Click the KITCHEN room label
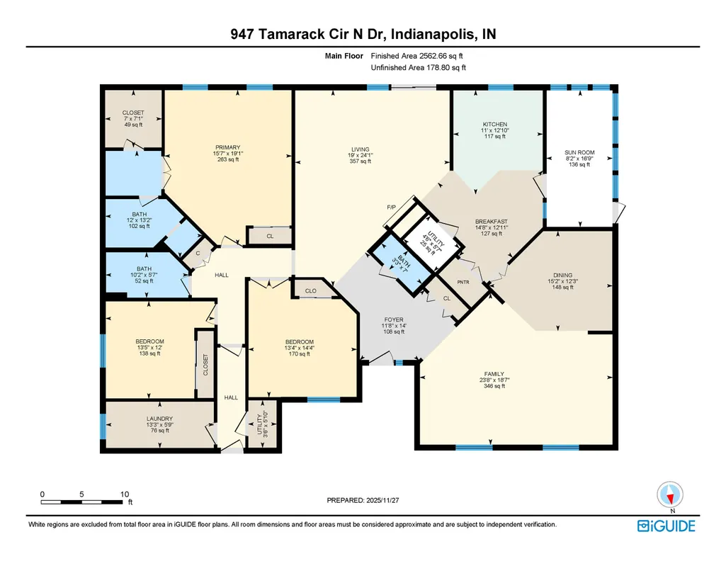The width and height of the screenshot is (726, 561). pos(495,125)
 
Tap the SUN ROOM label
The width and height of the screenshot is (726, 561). pos(579,152)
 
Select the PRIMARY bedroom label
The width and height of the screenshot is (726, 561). pos(228,147)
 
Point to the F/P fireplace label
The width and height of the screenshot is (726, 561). pos(391,207)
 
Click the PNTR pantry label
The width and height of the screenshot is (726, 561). pos(463,282)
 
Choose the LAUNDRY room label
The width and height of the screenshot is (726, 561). pos(160,419)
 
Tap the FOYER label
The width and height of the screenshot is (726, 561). pos(394,320)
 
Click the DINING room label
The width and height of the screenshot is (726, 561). pos(562,275)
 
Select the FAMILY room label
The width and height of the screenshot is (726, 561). pos(494,374)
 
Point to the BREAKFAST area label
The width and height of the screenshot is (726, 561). pos(492,222)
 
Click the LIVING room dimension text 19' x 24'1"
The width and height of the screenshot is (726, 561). pos(361,156)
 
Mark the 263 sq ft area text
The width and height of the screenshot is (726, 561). pos(228,159)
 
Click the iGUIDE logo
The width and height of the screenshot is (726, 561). pos(667,526)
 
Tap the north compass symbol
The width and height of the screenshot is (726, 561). pos(670,495)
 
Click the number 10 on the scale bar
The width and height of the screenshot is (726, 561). pos(125,494)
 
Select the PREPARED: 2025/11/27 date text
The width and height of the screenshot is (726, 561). pos(363,500)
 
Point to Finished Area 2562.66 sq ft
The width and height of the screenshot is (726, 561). pos(416,56)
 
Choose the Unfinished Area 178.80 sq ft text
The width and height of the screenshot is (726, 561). pos(418,67)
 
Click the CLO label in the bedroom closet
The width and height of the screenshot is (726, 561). pos(311,290)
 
